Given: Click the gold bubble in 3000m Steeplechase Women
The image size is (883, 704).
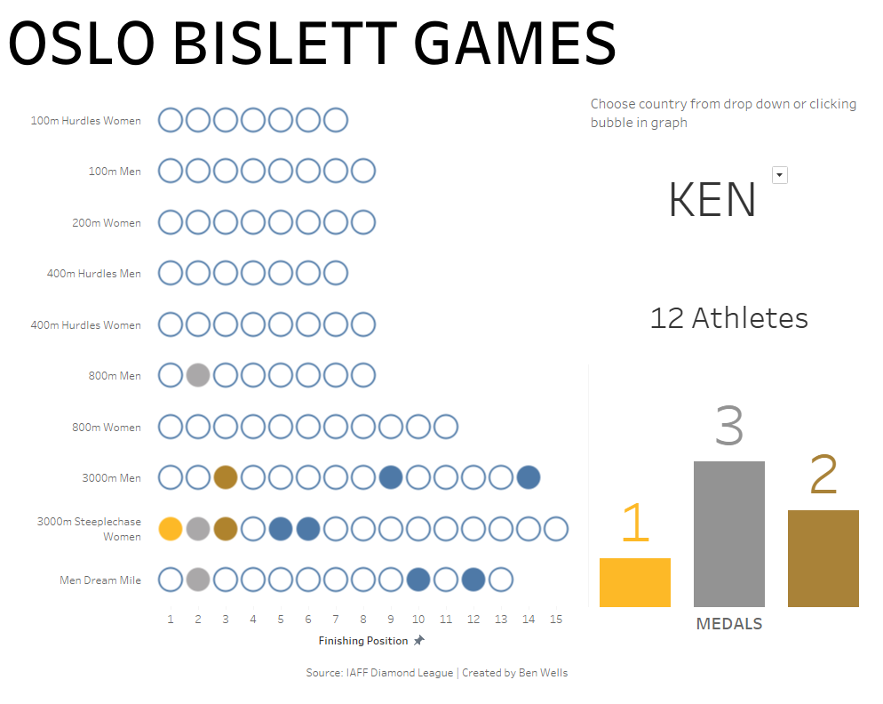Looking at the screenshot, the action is pos(170,529).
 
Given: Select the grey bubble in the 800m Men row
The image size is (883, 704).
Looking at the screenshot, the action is pos(198,375).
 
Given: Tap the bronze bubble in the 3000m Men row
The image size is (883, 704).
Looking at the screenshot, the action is pos(226,477).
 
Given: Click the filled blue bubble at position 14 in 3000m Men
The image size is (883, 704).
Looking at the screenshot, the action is pos(529,477).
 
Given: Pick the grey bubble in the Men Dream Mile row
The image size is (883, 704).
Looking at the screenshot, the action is pos(198,580).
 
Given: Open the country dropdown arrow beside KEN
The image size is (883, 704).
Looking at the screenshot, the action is pos(779,175).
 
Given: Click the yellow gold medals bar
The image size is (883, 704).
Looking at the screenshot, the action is pos(634,582).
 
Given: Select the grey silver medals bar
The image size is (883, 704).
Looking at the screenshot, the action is pos(728,533).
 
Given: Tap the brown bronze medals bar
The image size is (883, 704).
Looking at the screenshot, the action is pos(823,558).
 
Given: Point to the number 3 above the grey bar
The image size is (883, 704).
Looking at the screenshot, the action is pos(729,426).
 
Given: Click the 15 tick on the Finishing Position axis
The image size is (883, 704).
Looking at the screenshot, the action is pos(556,620).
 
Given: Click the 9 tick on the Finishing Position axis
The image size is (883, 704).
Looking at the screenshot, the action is pos(391,620).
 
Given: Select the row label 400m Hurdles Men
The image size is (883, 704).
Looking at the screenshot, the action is pos(94,274).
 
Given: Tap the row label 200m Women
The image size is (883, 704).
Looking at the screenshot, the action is pos(107,222).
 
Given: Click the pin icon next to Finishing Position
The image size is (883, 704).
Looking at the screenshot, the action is pos(419,640).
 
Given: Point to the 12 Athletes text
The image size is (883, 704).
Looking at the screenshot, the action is pos(729,318).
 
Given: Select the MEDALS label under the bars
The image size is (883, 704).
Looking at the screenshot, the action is pos(729,624).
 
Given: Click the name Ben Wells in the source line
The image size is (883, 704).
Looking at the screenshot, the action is pos(543,672).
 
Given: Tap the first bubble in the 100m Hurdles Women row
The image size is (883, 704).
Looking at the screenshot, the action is pos(170,120).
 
